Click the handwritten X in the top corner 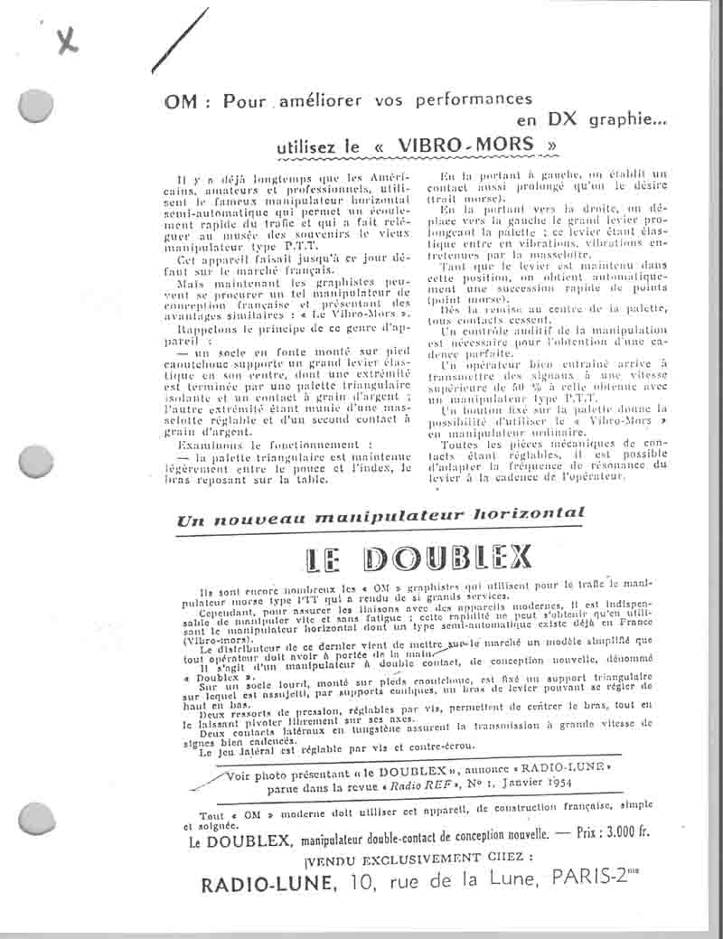[66, 39]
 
